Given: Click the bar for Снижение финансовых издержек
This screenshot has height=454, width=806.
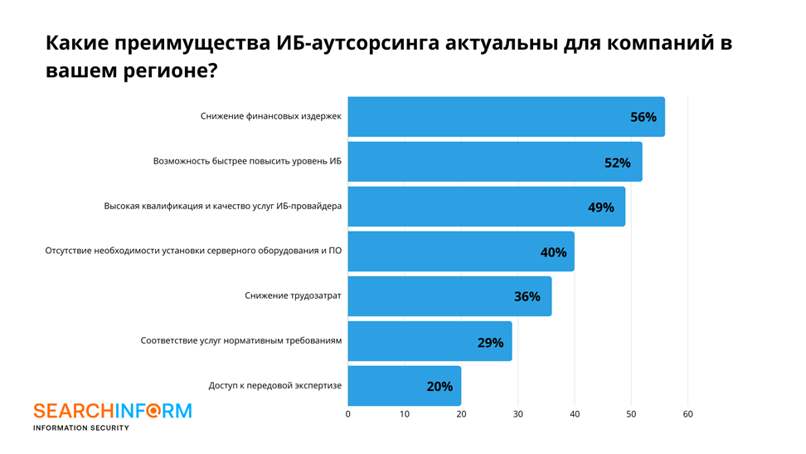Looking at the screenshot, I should tap(506, 117).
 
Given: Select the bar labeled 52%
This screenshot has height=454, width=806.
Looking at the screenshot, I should tap(494, 162).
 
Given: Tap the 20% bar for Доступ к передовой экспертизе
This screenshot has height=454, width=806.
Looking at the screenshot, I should tap(404, 386).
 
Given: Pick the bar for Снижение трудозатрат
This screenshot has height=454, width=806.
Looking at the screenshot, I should tap(449, 296).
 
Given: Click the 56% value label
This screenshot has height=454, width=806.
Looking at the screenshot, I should tap(643, 117).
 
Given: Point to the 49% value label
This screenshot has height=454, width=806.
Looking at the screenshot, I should tap(600, 207).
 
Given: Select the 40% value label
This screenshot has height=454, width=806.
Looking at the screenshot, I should tap(553, 252).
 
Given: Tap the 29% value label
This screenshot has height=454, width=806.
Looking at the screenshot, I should tap(490, 342).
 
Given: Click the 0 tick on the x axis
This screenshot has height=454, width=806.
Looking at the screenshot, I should tap(348, 414).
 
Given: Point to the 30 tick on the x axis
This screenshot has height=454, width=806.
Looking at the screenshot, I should tap(517, 414).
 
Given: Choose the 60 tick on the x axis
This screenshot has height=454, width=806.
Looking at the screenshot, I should tap(687, 414).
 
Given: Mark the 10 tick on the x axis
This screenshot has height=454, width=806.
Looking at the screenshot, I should tap(405, 414).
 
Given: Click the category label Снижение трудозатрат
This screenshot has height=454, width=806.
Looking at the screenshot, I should tap(293, 295).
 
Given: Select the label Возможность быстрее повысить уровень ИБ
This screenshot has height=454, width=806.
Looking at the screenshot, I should tap(247, 162).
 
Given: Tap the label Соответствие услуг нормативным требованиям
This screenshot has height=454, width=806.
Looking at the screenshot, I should tap(240, 340).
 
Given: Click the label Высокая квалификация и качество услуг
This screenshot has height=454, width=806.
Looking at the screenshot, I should tap(222, 207).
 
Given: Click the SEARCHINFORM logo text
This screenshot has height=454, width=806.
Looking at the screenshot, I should tap(112, 411).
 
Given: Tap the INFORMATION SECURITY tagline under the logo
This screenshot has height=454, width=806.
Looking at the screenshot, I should tap(80, 428).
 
